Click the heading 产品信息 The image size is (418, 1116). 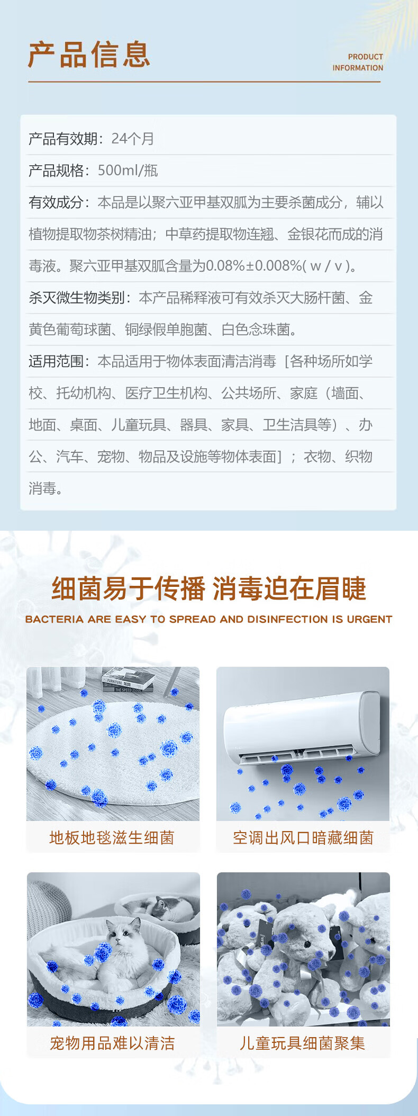[x=89, y=55]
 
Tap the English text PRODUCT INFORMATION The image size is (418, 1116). [x=358, y=63]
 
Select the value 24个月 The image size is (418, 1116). [x=132, y=139]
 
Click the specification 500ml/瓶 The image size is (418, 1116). [x=128, y=171]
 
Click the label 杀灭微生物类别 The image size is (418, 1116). [x=77, y=298]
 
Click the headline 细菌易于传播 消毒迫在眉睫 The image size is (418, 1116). [x=208, y=589]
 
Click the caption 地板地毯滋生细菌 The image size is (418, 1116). [x=112, y=837]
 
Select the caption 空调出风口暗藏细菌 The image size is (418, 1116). [x=303, y=837]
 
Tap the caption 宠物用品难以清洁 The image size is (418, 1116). [x=112, y=1043]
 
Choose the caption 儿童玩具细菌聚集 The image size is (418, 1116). [x=302, y=1043]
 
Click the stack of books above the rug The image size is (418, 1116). [x=128, y=679]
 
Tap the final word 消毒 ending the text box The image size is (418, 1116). [x=42, y=488]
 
